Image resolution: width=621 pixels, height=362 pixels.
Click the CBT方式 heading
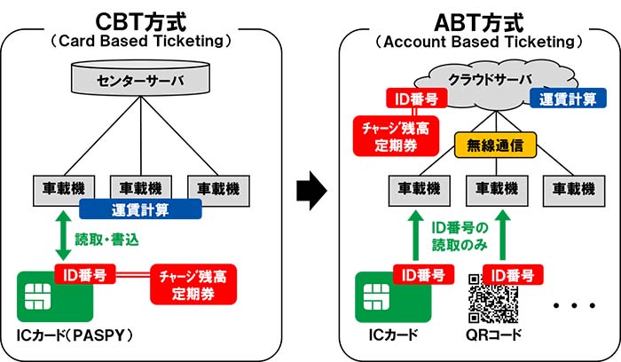point(142,19)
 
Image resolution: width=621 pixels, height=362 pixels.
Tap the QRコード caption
point(494,338)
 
